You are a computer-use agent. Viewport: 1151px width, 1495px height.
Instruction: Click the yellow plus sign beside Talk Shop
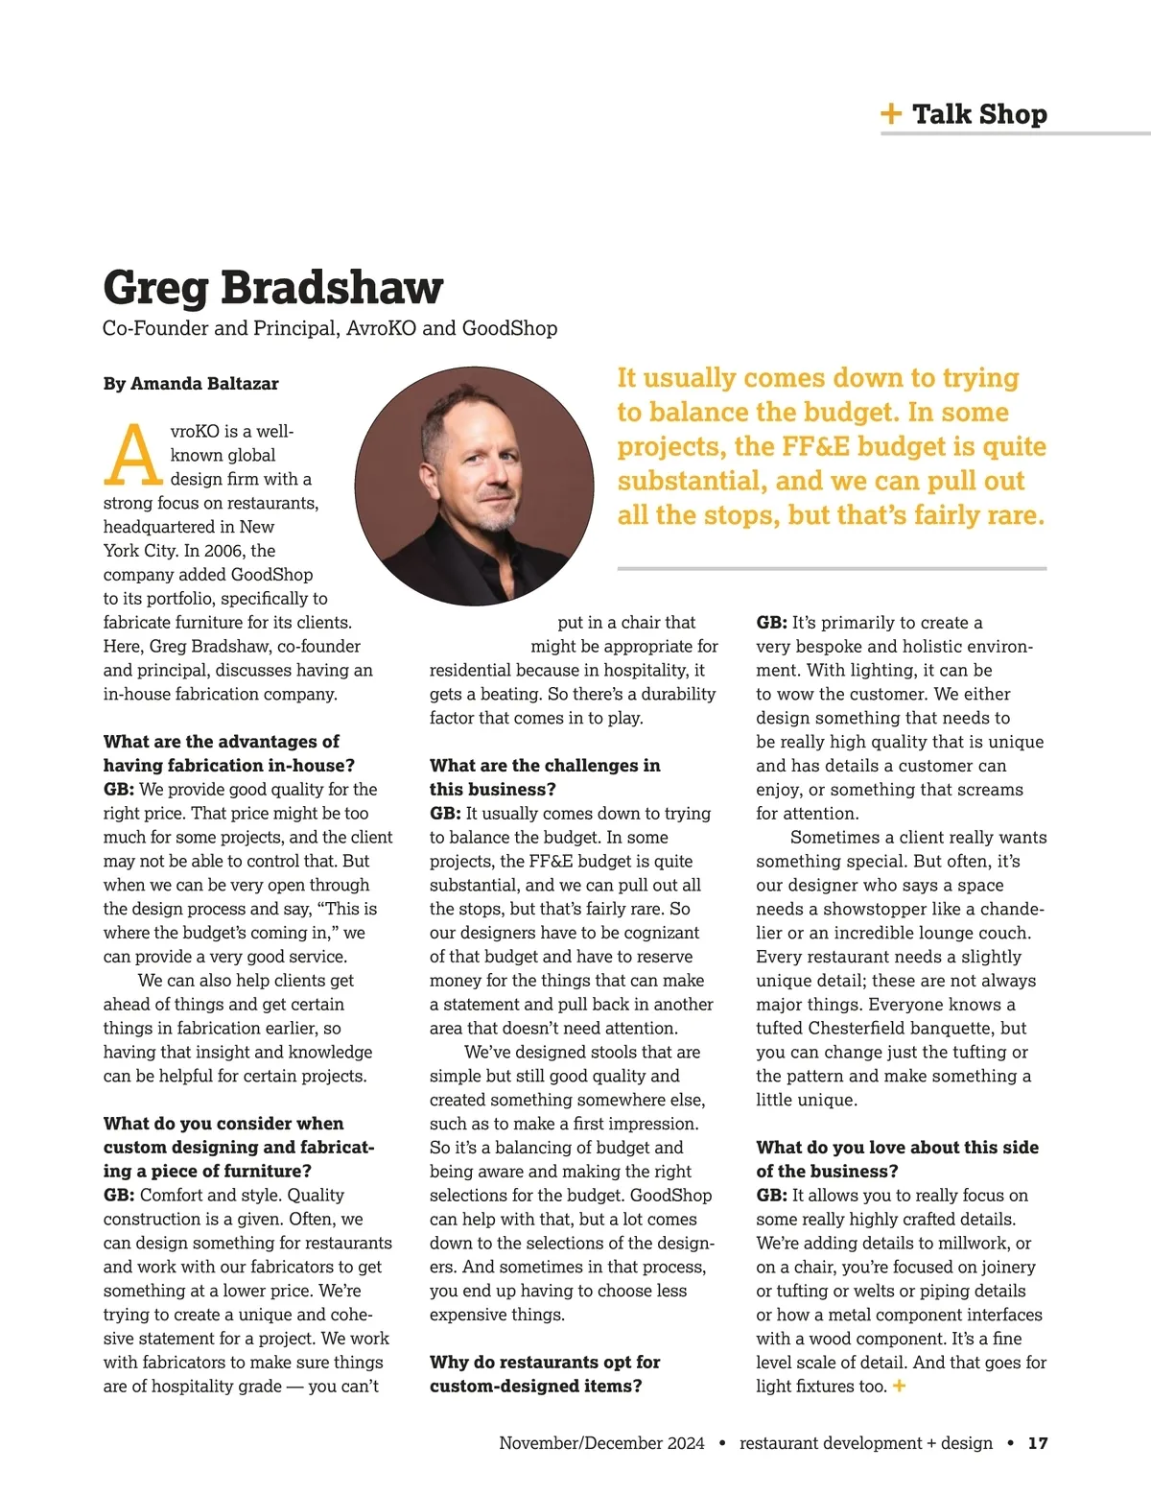point(891,114)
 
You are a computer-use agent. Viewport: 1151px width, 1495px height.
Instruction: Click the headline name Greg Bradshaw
point(273,287)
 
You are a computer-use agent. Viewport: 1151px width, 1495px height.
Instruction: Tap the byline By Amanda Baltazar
point(191,384)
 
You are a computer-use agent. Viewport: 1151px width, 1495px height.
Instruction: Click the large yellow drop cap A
point(132,455)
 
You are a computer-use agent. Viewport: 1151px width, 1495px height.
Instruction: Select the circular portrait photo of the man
point(475,486)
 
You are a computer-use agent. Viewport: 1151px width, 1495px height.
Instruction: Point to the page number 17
point(1038,1443)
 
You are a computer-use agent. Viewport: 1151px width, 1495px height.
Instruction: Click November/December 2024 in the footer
point(601,1443)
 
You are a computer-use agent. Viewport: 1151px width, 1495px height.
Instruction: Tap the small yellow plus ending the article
point(899,1386)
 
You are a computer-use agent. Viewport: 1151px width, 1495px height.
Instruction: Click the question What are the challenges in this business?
point(544,777)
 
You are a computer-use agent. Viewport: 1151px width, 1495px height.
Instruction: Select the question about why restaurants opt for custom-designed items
point(544,1374)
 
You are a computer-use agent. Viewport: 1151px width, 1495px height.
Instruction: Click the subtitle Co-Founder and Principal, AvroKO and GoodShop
point(330,328)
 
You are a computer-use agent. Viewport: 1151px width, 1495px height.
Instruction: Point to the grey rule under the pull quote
point(832,569)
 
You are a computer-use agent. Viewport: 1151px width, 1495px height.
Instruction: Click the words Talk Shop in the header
point(979,114)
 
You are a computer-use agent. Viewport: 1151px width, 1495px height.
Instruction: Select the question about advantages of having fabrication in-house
point(228,753)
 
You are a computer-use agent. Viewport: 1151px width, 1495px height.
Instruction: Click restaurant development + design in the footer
point(866,1443)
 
